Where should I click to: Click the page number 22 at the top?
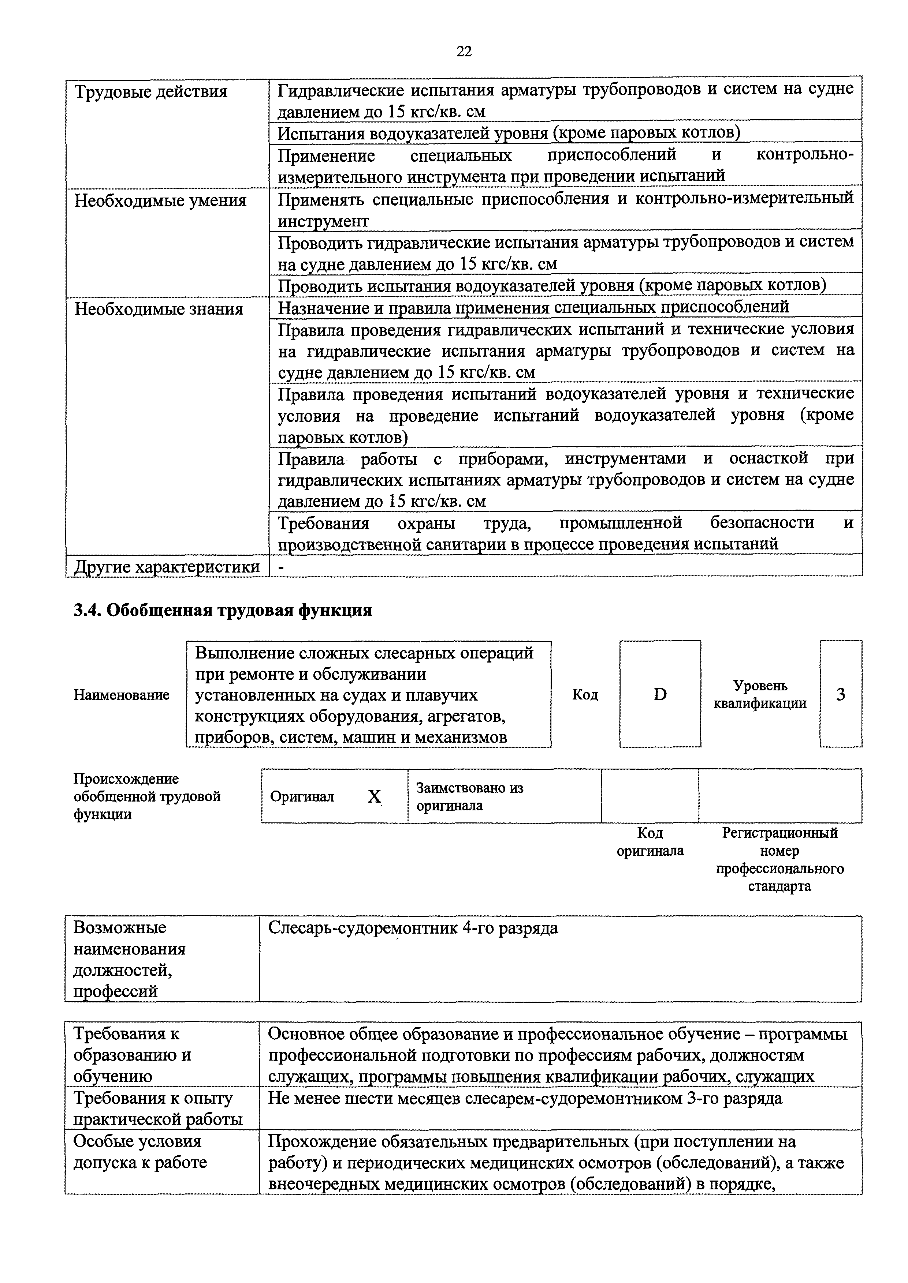point(464,52)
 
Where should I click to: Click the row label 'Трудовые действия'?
point(151,91)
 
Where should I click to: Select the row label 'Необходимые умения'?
point(160,200)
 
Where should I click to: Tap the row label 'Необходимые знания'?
point(159,309)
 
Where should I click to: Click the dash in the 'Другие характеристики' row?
point(281,567)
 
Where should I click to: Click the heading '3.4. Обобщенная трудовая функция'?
point(223,610)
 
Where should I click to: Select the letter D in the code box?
point(660,695)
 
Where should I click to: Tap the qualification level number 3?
point(840,695)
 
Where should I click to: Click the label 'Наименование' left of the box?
point(121,695)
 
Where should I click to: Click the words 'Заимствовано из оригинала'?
point(470,797)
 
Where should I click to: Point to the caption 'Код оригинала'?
point(650,842)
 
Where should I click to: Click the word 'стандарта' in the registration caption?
point(779,887)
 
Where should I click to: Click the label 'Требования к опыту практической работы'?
point(158,1108)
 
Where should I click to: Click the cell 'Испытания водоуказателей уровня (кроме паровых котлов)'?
point(509,134)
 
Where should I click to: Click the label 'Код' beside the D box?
point(585,695)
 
